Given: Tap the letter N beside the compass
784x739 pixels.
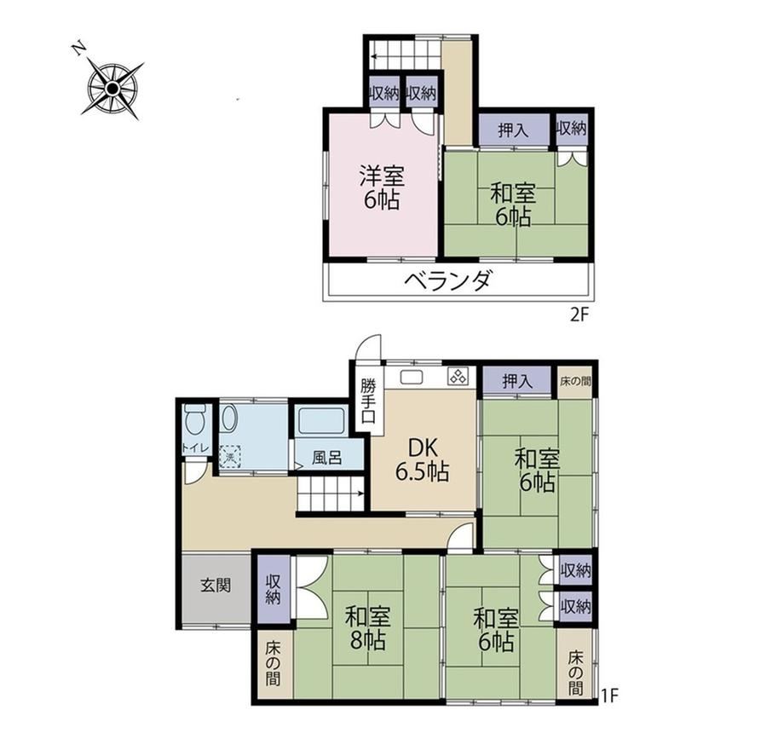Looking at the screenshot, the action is pyautogui.click(x=78, y=48).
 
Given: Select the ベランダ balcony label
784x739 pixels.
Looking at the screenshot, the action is pyautogui.click(x=448, y=281).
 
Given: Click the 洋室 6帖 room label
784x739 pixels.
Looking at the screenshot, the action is pyautogui.click(x=382, y=187).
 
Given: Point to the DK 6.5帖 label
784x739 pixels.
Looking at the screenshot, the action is pyautogui.click(x=423, y=459).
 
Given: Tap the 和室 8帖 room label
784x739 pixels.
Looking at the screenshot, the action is pyautogui.click(x=367, y=627).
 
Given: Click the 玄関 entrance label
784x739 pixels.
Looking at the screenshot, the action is pyautogui.click(x=216, y=585).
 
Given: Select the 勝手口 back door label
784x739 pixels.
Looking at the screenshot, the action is pyautogui.click(x=368, y=401).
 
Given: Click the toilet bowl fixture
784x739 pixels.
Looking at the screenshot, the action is pyautogui.click(x=194, y=419).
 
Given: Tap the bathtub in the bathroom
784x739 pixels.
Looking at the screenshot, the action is pyautogui.click(x=321, y=421).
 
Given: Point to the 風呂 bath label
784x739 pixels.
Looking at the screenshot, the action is pyautogui.click(x=327, y=457).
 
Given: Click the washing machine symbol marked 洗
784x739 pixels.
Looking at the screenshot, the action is pyautogui.click(x=230, y=457).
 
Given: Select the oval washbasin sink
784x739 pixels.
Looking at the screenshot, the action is pyautogui.click(x=229, y=418).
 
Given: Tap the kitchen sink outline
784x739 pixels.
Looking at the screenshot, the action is pyautogui.click(x=412, y=377).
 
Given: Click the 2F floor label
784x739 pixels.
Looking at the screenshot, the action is pyautogui.click(x=580, y=315).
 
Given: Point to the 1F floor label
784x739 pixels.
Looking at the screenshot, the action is pyautogui.click(x=610, y=695).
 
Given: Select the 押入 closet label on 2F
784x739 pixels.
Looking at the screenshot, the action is pyautogui.click(x=514, y=130).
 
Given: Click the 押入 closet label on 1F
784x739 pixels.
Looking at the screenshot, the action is pyautogui.click(x=517, y=382).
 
